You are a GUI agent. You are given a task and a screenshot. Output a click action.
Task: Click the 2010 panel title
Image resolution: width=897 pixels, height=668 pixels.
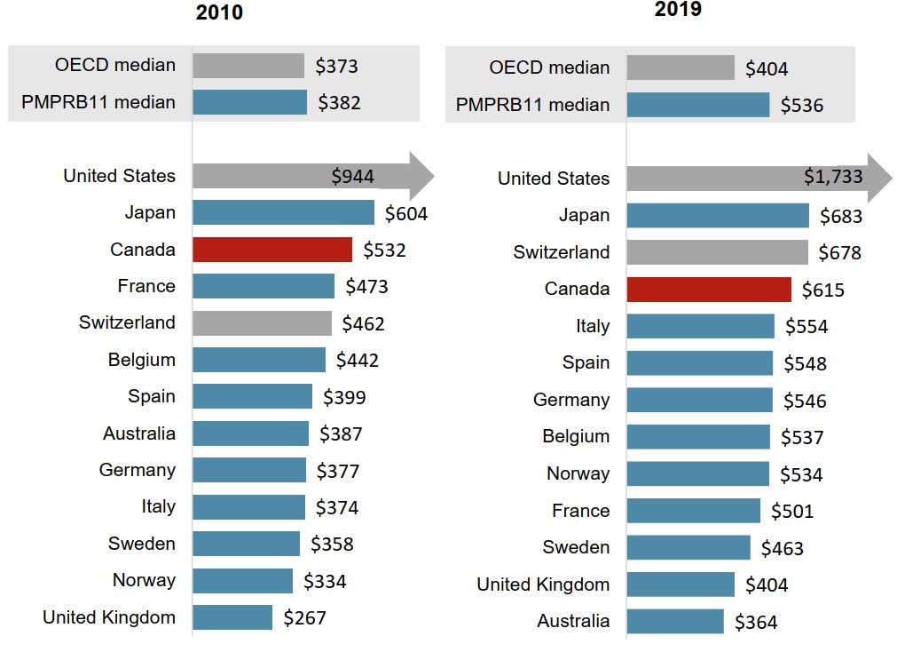point(219,13)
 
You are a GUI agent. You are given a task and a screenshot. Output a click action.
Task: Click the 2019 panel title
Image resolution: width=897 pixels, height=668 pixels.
point(678,10)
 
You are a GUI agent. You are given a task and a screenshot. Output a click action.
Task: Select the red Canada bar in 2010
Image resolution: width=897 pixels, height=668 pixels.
point(272,250)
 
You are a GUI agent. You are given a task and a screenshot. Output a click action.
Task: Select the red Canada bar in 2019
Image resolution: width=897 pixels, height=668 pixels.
point(709,290)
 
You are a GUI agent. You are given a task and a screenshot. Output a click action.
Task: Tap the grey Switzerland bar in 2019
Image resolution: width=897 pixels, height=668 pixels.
point(717,252)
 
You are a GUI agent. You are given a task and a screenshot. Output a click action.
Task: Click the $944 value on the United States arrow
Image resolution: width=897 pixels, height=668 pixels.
point(353,177)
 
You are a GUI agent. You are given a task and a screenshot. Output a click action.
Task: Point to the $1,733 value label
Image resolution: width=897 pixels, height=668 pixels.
point(833,177)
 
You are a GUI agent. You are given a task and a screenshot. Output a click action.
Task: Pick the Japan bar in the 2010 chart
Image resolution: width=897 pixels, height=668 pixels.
point(283,212)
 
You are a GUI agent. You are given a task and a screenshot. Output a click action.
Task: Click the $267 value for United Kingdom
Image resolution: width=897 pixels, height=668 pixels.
point(305,618)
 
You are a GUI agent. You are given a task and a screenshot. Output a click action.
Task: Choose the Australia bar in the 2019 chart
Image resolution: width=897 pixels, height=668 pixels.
point(675,622)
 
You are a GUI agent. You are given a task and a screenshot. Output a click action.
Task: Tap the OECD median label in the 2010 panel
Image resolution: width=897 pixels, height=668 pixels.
point(115,65)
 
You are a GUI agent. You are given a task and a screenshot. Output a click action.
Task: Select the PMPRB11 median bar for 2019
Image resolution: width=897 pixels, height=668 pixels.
point(698,105)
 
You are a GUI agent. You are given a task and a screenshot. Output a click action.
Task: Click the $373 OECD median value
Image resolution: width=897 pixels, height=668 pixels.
point(337,66)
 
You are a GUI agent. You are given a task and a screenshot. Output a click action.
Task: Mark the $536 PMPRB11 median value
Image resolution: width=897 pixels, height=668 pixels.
point(802,106)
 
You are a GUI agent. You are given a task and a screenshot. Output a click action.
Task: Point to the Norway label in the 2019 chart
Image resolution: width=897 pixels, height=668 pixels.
point(578,474)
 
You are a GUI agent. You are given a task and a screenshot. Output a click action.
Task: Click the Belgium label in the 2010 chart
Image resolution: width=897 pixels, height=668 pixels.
point(142,360)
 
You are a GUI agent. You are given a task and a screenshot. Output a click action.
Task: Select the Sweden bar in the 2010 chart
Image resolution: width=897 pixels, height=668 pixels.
point(246,544)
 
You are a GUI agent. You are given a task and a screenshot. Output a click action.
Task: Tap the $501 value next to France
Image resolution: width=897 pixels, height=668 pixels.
point(792,512)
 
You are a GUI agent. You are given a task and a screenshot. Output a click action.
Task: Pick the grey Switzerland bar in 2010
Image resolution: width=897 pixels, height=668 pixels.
point(262,323)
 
